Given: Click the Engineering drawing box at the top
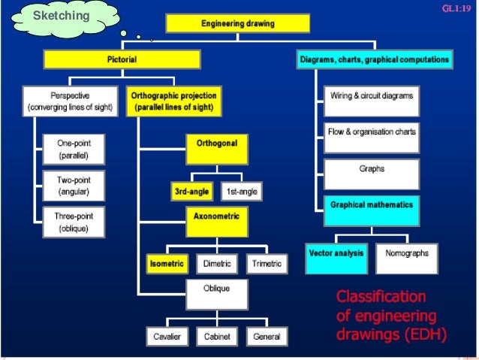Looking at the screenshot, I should [x=238, y=24].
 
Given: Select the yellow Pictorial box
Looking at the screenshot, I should [x=122, y=59].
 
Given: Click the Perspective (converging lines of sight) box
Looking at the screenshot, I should [x=70, y=101].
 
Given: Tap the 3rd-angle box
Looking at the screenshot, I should [x=192, y=192].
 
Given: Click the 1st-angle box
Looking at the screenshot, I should [x=242, y=192].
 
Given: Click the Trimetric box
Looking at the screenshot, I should [x=267, y=264].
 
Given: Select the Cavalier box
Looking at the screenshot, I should [x=167, y=337].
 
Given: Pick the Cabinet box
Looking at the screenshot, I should [x=217, y=337].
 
